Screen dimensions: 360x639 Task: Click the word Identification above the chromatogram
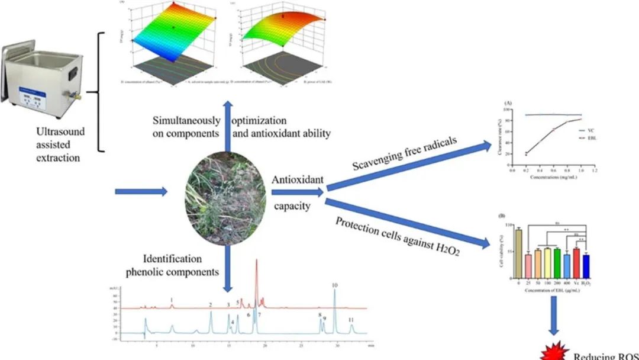tap(172, 259)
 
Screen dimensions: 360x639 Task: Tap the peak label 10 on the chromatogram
tap(335, 286)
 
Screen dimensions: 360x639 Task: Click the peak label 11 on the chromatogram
tap(351, 320)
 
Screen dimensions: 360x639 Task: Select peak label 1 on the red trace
tap(172, 301)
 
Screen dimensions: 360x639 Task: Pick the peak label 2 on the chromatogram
tap(210, 304)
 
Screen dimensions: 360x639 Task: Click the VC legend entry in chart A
tap(600, 130)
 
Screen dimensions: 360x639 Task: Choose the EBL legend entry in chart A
tap(600, 137)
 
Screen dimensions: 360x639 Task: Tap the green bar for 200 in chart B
tap(557, 263)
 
